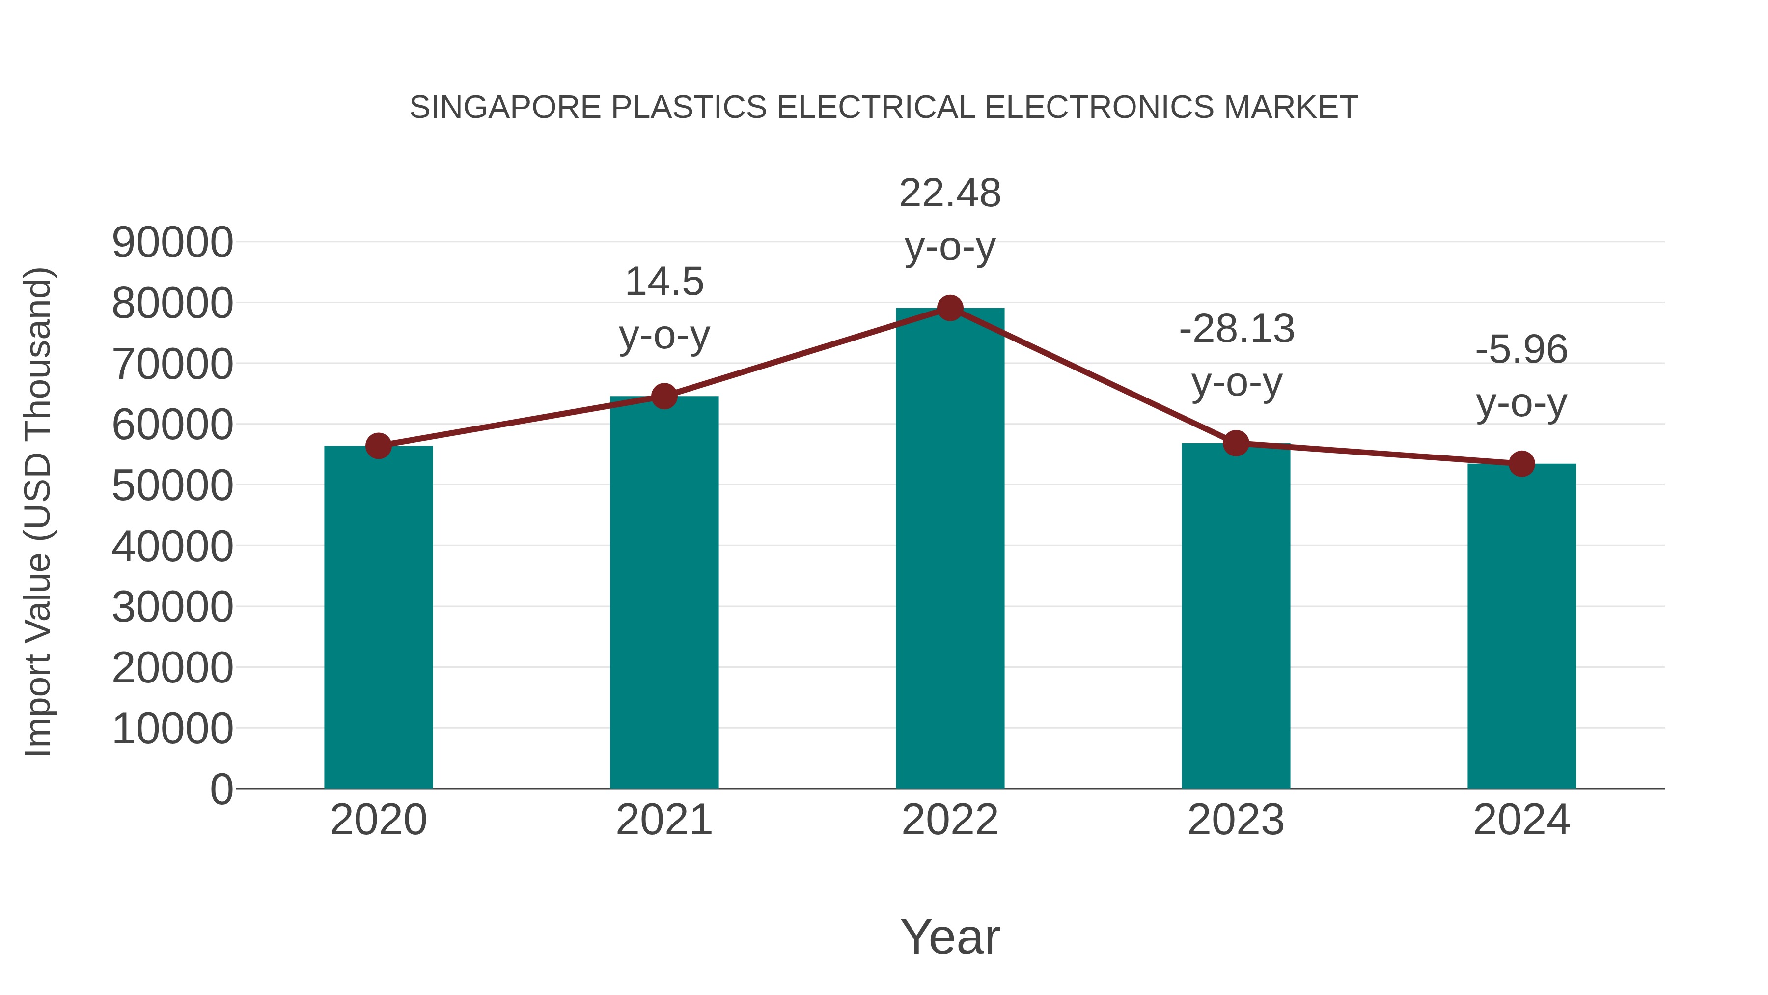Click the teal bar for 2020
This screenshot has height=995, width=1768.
coord(378,618)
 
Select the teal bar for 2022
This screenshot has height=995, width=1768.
coord(950,549)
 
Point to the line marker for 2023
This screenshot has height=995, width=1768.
coord(1236,444)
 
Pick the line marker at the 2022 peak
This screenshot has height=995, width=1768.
coord(950,308)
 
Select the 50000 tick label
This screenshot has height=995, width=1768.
coord(172,485)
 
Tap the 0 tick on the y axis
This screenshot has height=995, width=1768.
coord(221,789)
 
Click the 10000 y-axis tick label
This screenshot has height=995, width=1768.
coord(172,729)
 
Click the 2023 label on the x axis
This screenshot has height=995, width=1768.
coord(1236,820)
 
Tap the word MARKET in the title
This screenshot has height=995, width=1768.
coord(1290,108)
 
